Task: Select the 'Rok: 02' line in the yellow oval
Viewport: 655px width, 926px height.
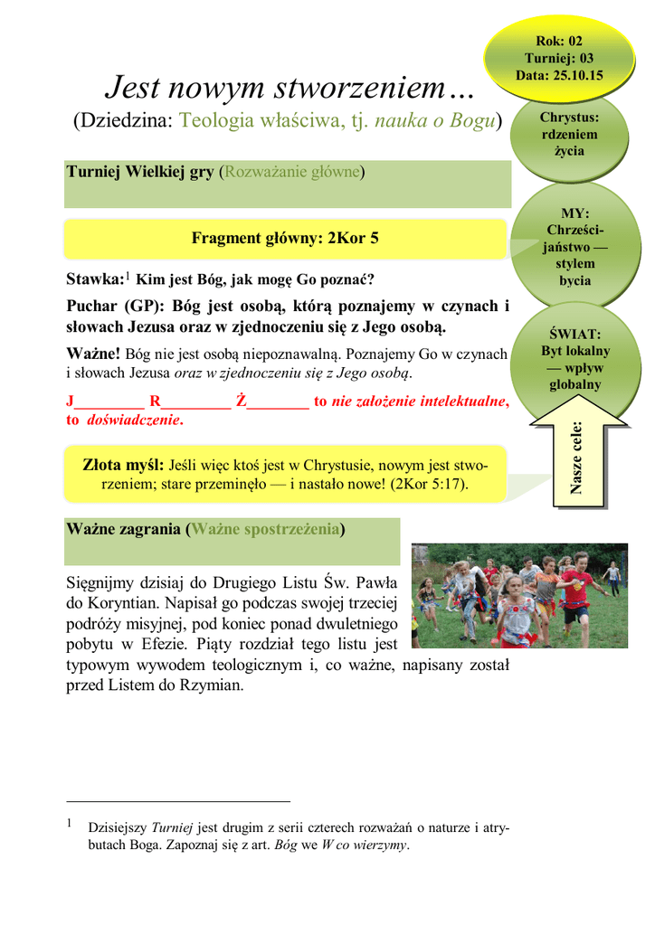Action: coord(560,42)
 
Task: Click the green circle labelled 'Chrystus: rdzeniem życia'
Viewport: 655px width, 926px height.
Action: coord(569,135)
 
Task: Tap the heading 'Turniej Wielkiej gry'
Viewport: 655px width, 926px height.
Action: coord(140,171)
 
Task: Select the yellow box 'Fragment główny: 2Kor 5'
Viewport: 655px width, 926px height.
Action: coord(285,239)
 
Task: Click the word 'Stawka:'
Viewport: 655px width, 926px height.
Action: coord(94,279)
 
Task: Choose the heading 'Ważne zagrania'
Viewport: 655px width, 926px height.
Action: coord(124,529)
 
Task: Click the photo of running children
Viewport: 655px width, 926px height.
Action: coord(518,596)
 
